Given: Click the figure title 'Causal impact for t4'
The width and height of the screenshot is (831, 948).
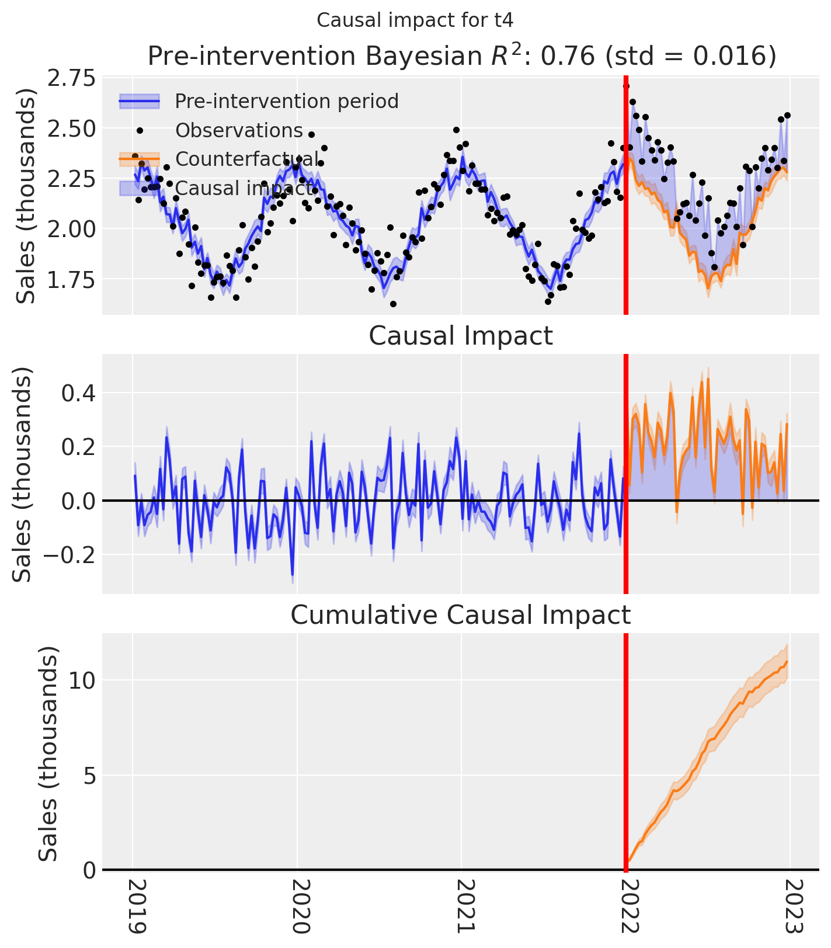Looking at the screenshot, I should (x=415, y=20).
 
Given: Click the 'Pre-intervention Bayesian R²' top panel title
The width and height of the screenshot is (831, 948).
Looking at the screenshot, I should (x=461, y=56).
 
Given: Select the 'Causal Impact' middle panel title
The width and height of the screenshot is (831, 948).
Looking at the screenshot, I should (x=461, y=336).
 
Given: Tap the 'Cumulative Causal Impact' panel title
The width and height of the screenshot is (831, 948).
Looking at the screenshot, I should (x=461, y=615).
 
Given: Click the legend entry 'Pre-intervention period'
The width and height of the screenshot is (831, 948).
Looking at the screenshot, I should (x=286, y=101).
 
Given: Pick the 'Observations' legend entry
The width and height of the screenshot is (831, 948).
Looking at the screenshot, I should (x=239, y=130).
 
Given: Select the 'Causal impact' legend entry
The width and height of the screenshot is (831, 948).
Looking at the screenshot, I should (x=244, y=188).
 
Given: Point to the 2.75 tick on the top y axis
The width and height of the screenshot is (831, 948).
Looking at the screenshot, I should (x=70, y=78).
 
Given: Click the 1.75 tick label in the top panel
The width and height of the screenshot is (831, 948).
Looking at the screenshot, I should (x=70, y=279).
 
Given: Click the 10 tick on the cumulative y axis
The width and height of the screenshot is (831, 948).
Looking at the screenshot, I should (x=82, y=680).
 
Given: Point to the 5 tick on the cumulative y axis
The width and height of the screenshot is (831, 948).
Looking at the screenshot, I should (x=89, y=776).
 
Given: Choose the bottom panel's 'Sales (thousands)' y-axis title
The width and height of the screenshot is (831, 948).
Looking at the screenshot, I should (x=48, y=753).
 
